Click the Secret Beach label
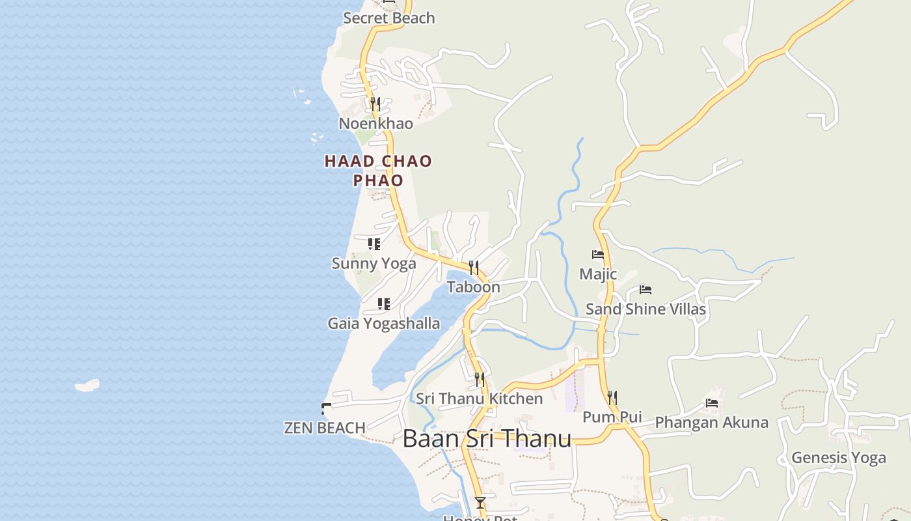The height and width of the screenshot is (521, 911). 388,18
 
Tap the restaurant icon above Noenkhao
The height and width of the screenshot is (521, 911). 375,104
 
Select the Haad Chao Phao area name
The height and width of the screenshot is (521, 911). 378,170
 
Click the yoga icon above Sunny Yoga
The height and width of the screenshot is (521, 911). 374,244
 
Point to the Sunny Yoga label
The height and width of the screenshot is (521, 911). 374,263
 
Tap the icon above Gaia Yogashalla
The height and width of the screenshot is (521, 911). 384,304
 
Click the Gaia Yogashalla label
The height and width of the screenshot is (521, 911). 383,323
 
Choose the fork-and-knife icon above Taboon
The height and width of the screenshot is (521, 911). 474,267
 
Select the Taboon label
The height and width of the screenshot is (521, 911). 473,287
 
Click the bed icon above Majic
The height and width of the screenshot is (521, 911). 598,255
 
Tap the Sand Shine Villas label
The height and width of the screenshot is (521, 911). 646,309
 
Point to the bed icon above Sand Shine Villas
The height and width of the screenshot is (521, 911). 646,290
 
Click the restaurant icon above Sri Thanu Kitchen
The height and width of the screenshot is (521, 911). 480,379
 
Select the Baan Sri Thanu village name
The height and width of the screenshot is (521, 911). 487,438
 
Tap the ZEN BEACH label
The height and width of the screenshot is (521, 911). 324,428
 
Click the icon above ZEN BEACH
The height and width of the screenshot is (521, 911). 326,409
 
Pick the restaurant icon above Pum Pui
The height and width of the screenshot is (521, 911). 612,397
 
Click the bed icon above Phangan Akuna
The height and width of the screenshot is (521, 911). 712,403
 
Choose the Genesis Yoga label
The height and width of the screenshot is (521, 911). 838,458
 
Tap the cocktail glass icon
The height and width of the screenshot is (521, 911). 480,503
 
